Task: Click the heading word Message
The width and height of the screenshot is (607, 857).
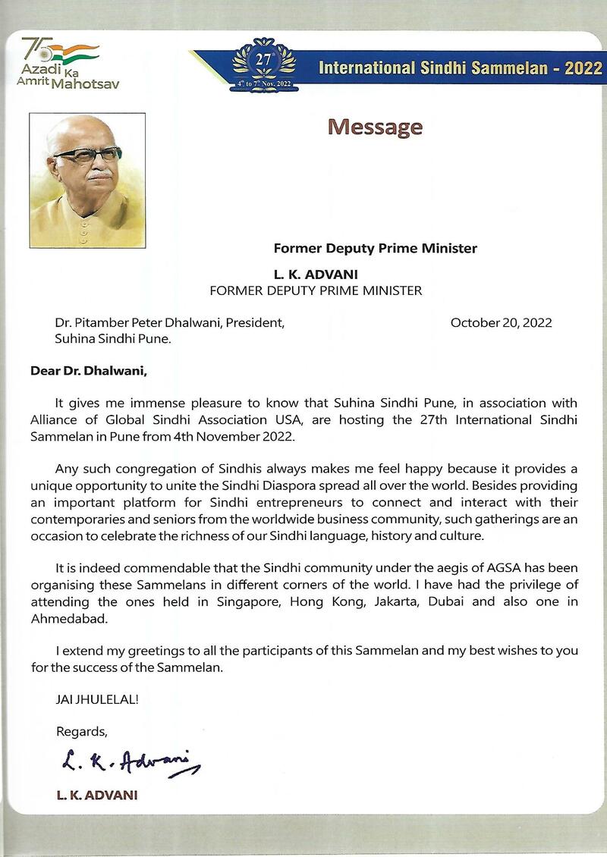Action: click(375, 127)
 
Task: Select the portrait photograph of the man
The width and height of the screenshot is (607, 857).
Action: click(87, 180)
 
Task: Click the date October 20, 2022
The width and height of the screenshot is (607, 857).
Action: click(501, 322)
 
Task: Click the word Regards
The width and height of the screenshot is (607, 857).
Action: click(82, 731)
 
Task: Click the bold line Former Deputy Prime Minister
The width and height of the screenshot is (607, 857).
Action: click(375, 248)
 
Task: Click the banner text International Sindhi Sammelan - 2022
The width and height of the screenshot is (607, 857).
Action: click(461, 68)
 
